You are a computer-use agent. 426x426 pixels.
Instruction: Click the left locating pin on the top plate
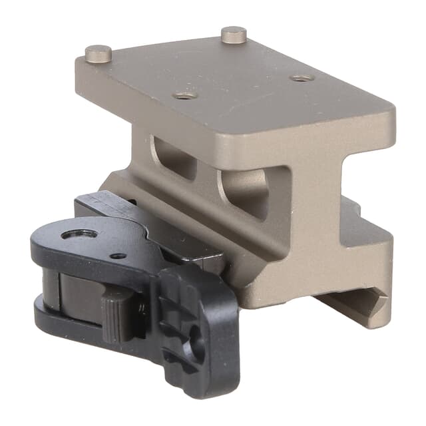pyautogui.click(x=98, y=51)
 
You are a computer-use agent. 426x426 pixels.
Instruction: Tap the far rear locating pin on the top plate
pyautogui.click(x=234, y=33)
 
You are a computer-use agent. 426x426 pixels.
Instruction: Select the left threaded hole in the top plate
pyautogui.click(x=184, y=95)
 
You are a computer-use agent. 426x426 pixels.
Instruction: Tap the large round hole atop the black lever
pyautogui.click(x=75, y=234)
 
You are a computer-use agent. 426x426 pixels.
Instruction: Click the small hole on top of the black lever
pyautogui.click(x=118, y=255)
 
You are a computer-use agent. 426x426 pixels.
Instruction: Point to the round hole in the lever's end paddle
pyautogui.click(x=197, y=347)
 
